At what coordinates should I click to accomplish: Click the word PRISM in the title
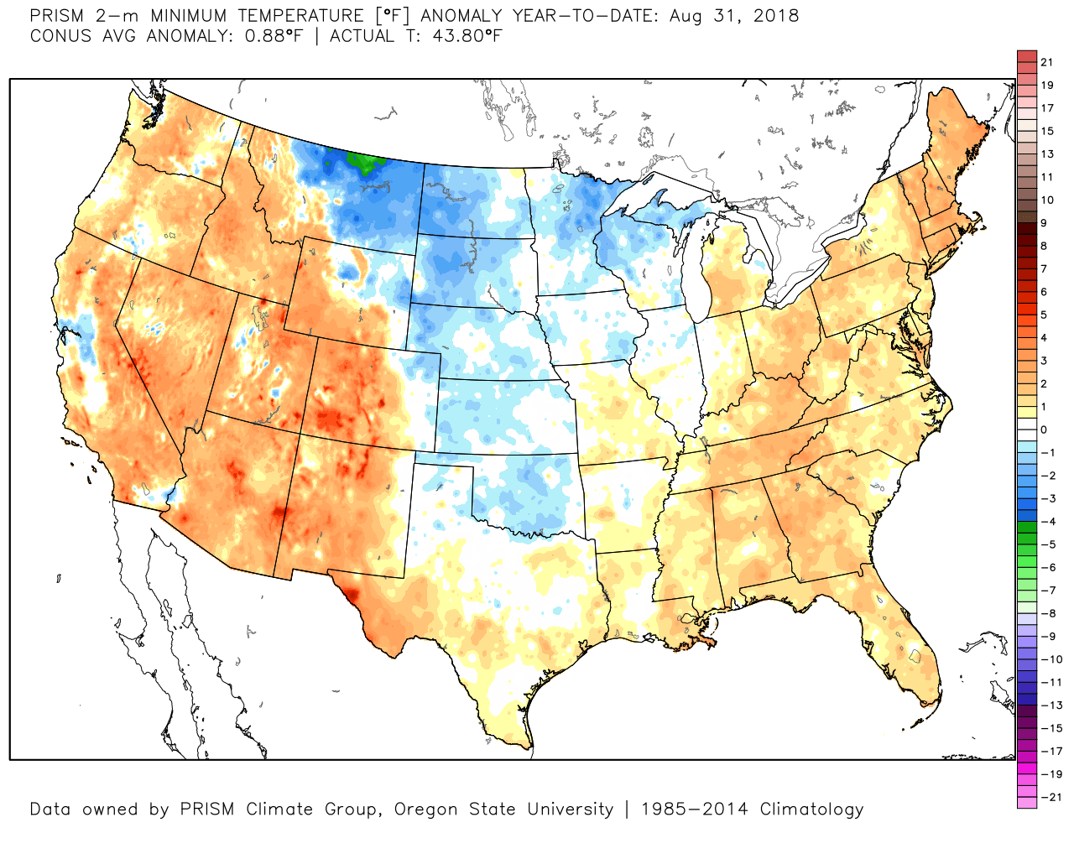57,16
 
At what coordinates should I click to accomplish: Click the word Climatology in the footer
811,810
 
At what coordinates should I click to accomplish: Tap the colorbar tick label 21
1046,62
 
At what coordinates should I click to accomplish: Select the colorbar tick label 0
1044,429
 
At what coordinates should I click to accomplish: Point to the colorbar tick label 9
1044,223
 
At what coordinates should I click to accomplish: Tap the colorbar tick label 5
1044,315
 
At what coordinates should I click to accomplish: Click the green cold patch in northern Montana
363,161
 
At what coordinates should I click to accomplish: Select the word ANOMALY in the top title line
457,16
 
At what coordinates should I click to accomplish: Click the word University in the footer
570,810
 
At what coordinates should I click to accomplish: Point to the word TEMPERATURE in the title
307,16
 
